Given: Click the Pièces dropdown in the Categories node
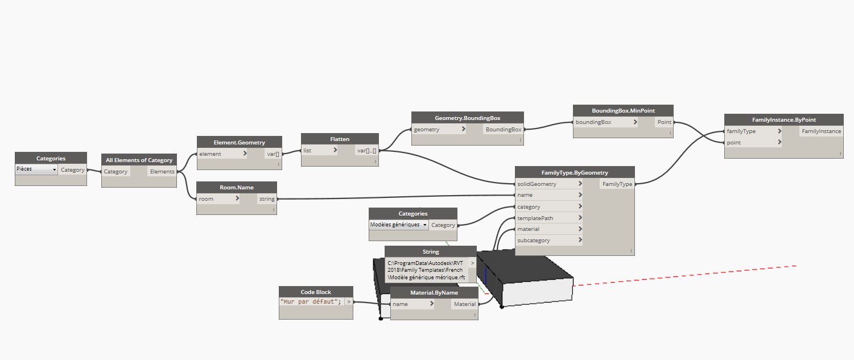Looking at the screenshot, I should coord(36,169).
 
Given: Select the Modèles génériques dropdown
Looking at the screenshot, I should coord(398,225).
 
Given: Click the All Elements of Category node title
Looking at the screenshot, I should coord(139,160).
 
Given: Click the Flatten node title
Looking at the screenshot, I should coord(340,139).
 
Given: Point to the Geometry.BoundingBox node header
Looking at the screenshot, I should coord(467,118).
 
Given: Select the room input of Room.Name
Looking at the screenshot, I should coord(218,198).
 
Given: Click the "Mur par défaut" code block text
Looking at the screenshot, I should coord(311,301).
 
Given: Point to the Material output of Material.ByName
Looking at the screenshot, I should coord(464,304).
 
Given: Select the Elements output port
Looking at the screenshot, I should coord(162,171).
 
